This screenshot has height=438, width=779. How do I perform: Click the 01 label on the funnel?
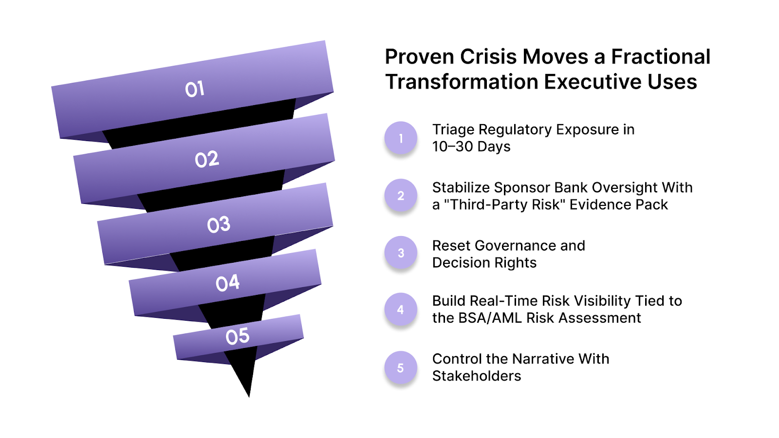[195, 89]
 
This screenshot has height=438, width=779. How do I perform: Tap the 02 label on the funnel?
[207, 159]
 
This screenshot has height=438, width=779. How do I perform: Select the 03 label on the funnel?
[219, 224]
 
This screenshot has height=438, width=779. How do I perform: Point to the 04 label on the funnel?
[228, 283]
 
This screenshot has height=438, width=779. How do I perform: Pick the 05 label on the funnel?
[238, 336]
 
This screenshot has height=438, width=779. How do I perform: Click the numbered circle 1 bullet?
[401, 138]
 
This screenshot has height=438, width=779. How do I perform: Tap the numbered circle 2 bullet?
[401, 196]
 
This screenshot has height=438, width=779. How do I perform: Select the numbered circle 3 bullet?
[401, 253]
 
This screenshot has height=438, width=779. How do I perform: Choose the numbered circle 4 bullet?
[401, 310]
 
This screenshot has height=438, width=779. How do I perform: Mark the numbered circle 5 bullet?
[401, 368]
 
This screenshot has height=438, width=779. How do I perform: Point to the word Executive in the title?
[586, 82]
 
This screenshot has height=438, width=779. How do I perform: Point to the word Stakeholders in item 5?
[477, 376]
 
